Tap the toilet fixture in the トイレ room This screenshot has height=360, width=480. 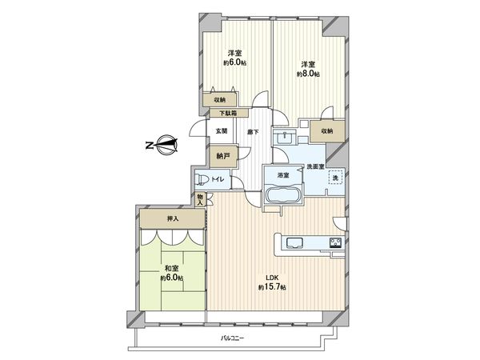204,179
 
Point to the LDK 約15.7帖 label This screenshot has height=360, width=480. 272,283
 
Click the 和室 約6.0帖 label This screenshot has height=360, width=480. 171,274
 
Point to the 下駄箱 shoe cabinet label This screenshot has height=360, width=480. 223,114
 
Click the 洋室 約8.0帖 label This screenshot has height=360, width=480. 308,69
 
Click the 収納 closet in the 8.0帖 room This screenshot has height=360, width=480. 327,131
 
